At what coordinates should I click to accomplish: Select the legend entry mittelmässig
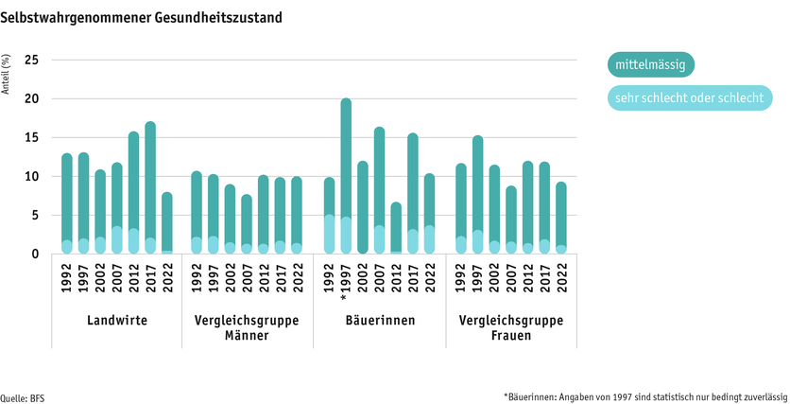pos(650,64)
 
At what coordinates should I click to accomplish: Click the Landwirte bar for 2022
pos(166,222)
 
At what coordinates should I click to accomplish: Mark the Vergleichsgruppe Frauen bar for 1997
pos(478,195)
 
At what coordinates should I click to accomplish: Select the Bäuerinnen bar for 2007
pos(379,190)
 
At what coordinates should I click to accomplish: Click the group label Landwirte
pos(116,321)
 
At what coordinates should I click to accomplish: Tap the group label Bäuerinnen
pos(379,321)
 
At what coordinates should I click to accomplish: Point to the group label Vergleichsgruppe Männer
pos(247,327)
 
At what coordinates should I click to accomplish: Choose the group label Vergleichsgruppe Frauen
pos(510,327)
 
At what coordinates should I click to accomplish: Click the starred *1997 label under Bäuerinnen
pos(346,281)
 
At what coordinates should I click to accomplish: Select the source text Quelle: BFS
pos(23,397)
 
